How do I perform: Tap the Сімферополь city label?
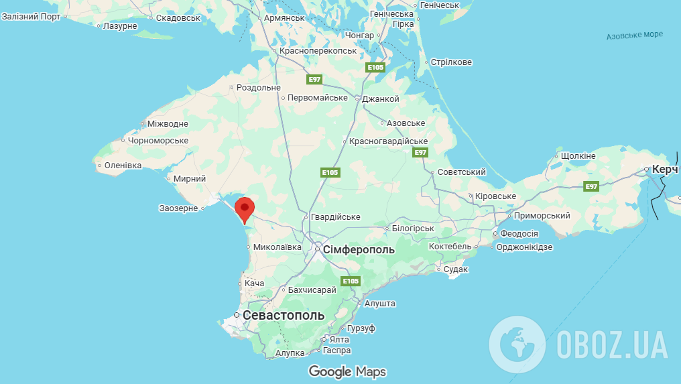[359, 250]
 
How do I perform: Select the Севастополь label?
[284, 315]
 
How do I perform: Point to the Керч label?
[665, 170]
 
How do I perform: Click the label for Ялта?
[340, 340]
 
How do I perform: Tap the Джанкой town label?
[381, 99]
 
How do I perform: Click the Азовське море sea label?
[634, 35]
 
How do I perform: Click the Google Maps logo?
[347, 371]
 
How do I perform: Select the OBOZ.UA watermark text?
[611, 345]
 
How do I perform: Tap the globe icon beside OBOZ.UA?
[517, 345]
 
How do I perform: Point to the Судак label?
[456, 269]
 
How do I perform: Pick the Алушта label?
[380, 304]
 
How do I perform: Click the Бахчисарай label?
[311, 290]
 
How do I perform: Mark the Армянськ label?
[284, 18]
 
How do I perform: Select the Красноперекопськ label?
[318, 51]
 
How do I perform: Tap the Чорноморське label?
[158, 141]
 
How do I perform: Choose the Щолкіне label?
[578, 156]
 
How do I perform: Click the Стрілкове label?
[451, 62]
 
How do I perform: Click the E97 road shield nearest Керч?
[591, 186]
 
